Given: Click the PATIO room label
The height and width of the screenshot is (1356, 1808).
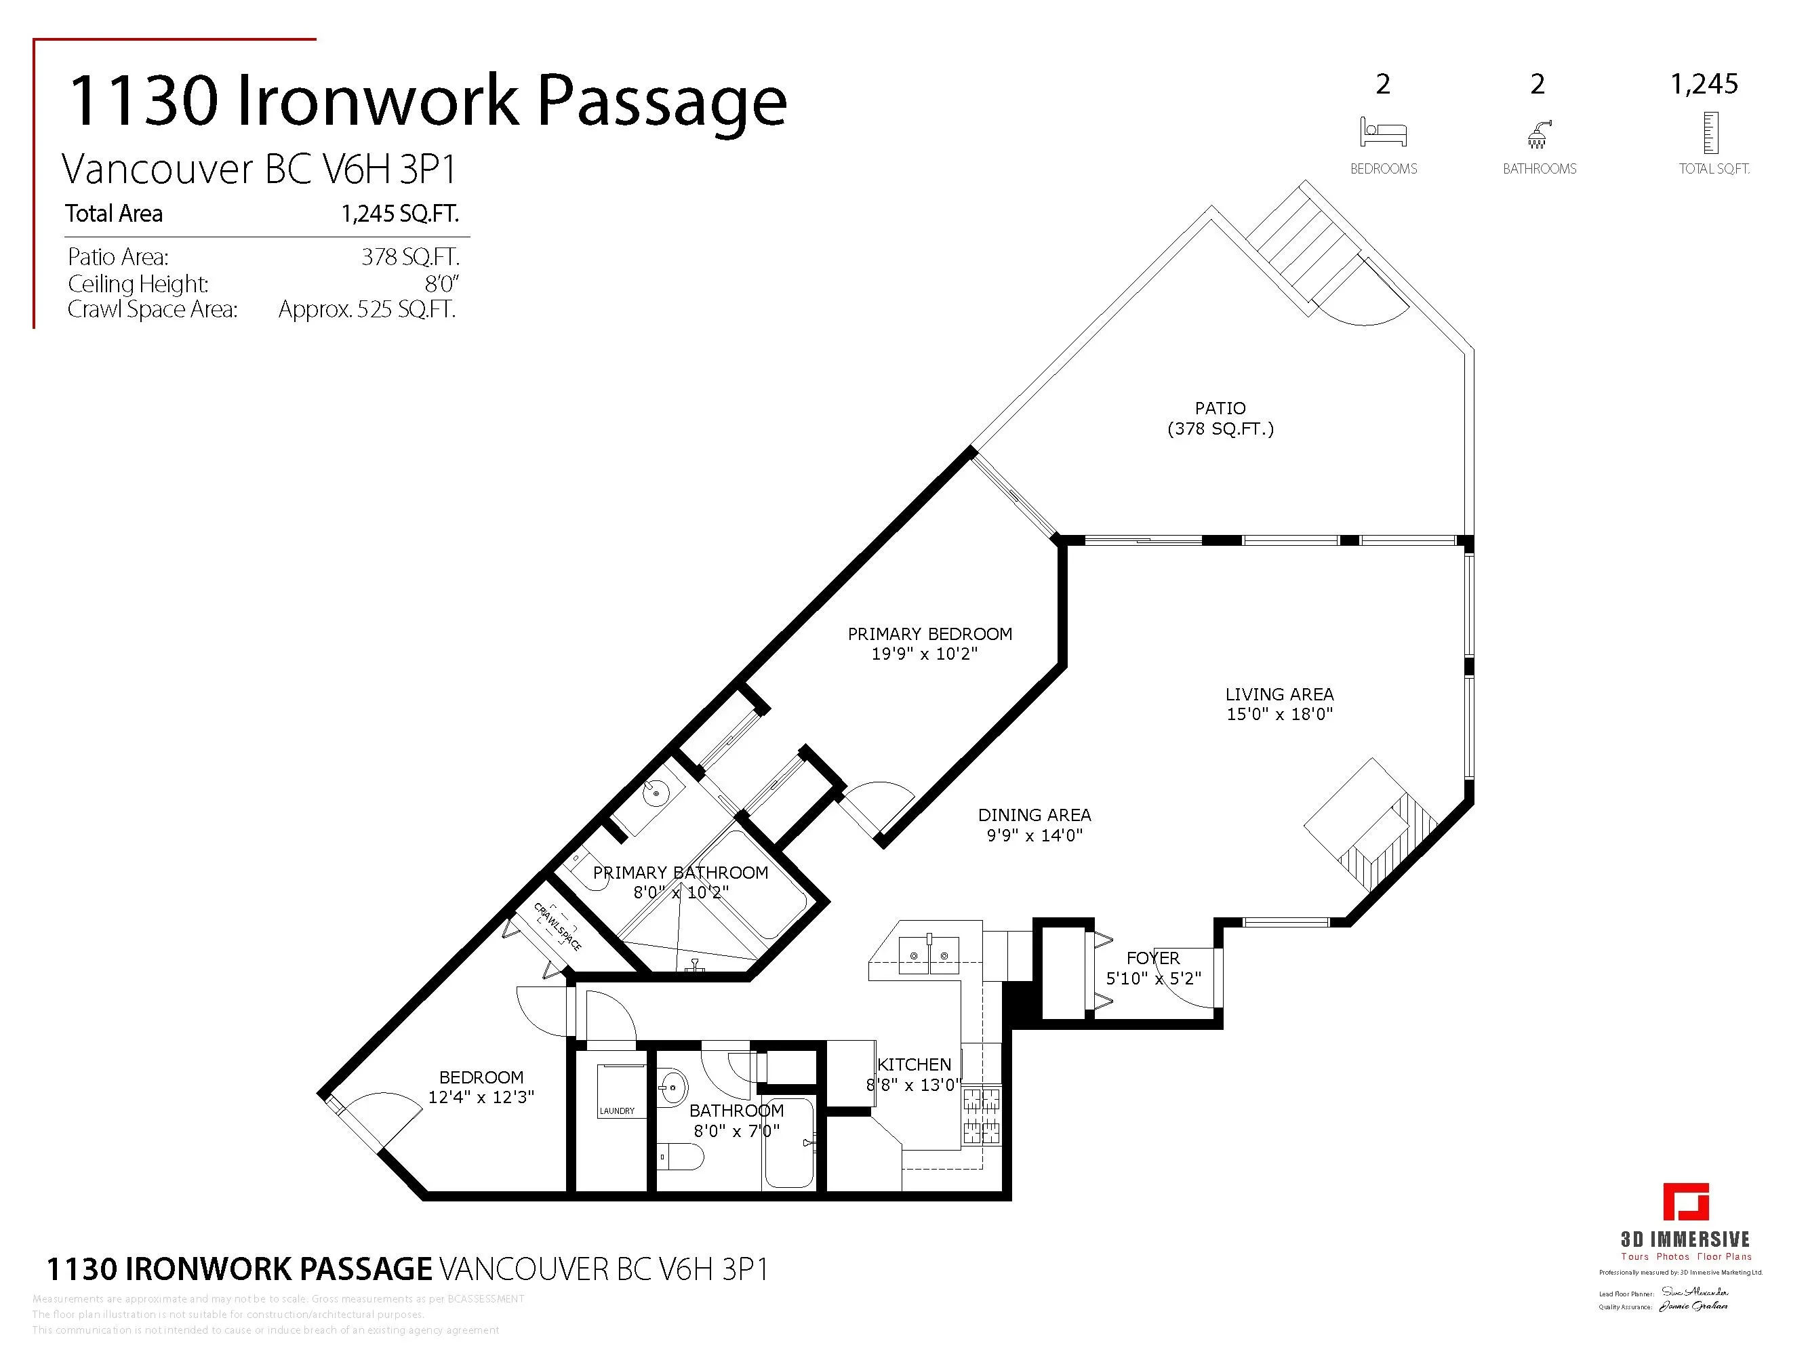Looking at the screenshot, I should (x=1220, y=408).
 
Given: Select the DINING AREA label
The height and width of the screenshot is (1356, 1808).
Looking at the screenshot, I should (x=1034, y=815).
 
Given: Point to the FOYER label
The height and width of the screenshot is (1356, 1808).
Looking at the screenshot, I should (x=1152, y=958).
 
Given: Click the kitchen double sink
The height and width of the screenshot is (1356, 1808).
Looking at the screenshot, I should (x=929, y=955).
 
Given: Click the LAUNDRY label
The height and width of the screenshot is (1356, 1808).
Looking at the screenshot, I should (x=616, y=1111).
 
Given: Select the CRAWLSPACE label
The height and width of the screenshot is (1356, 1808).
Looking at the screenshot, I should (x=557, y=926).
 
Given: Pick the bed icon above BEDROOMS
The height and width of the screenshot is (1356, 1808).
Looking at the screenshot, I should (x=1383, y=132).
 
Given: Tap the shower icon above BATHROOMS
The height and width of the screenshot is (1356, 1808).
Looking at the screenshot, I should (x=1538, y=134).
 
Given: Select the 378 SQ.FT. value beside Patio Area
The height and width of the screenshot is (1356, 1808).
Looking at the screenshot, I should (x=410, y=257).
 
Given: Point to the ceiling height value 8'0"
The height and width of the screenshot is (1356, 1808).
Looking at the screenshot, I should (x=441, y=283).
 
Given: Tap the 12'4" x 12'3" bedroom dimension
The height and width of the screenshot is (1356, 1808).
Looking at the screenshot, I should (x=481, y=1097).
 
